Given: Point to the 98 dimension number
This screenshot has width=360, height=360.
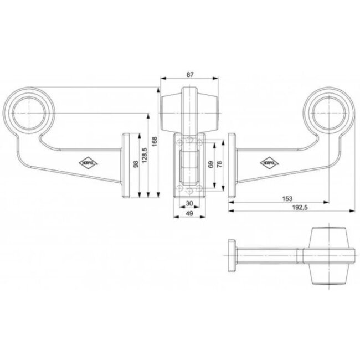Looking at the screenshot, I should point(135,166).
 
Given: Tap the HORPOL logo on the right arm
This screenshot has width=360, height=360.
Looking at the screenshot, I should point(269,162).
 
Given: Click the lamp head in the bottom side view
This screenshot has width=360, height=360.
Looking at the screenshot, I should point(331,254).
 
